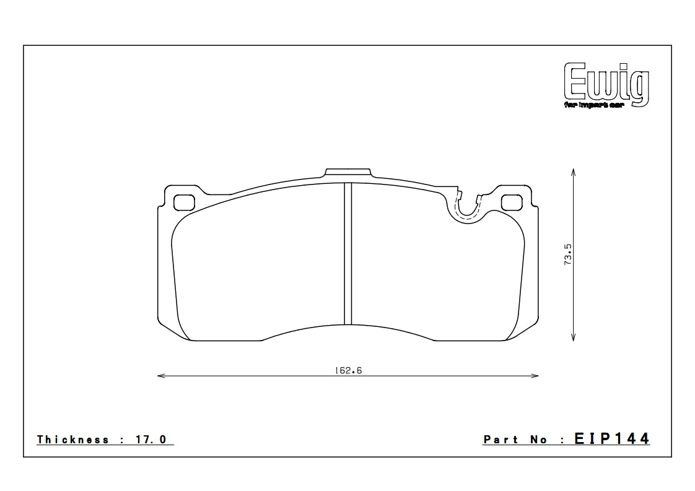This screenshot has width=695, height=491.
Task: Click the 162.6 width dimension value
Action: (x=348, y=370)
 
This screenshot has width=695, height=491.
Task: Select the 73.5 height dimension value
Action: (x=567, y=254)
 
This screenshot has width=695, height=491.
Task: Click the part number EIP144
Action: (x=612, y=439)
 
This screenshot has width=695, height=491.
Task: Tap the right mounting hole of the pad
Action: (x=512, y=202)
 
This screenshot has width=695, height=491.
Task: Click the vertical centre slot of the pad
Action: (x=348, y=254)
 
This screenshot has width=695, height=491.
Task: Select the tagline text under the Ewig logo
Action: (x=596, y=105)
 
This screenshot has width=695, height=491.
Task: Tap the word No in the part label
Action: (x=539, y=440)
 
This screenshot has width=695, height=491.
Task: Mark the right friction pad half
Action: (x=434, y=272)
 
